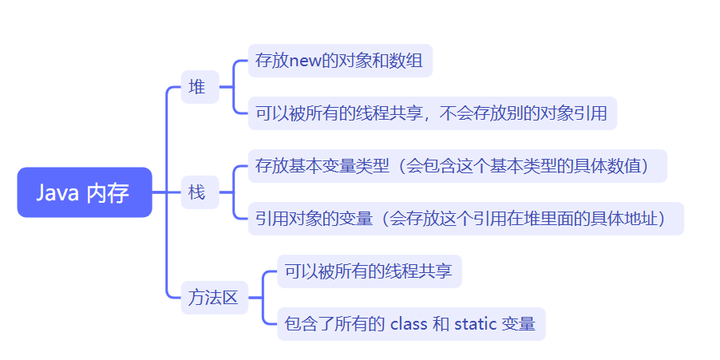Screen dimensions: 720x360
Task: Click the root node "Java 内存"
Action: (84, 192)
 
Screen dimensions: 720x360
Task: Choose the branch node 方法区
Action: (214, 298)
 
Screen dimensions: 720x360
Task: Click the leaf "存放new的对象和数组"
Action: (340, 61)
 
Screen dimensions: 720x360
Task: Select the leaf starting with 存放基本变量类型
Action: (457, 166)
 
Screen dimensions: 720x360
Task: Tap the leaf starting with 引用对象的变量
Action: (465, 219)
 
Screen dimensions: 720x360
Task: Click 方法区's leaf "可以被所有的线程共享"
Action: (369, 271)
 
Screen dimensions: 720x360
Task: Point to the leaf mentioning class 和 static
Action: (411, 324)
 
